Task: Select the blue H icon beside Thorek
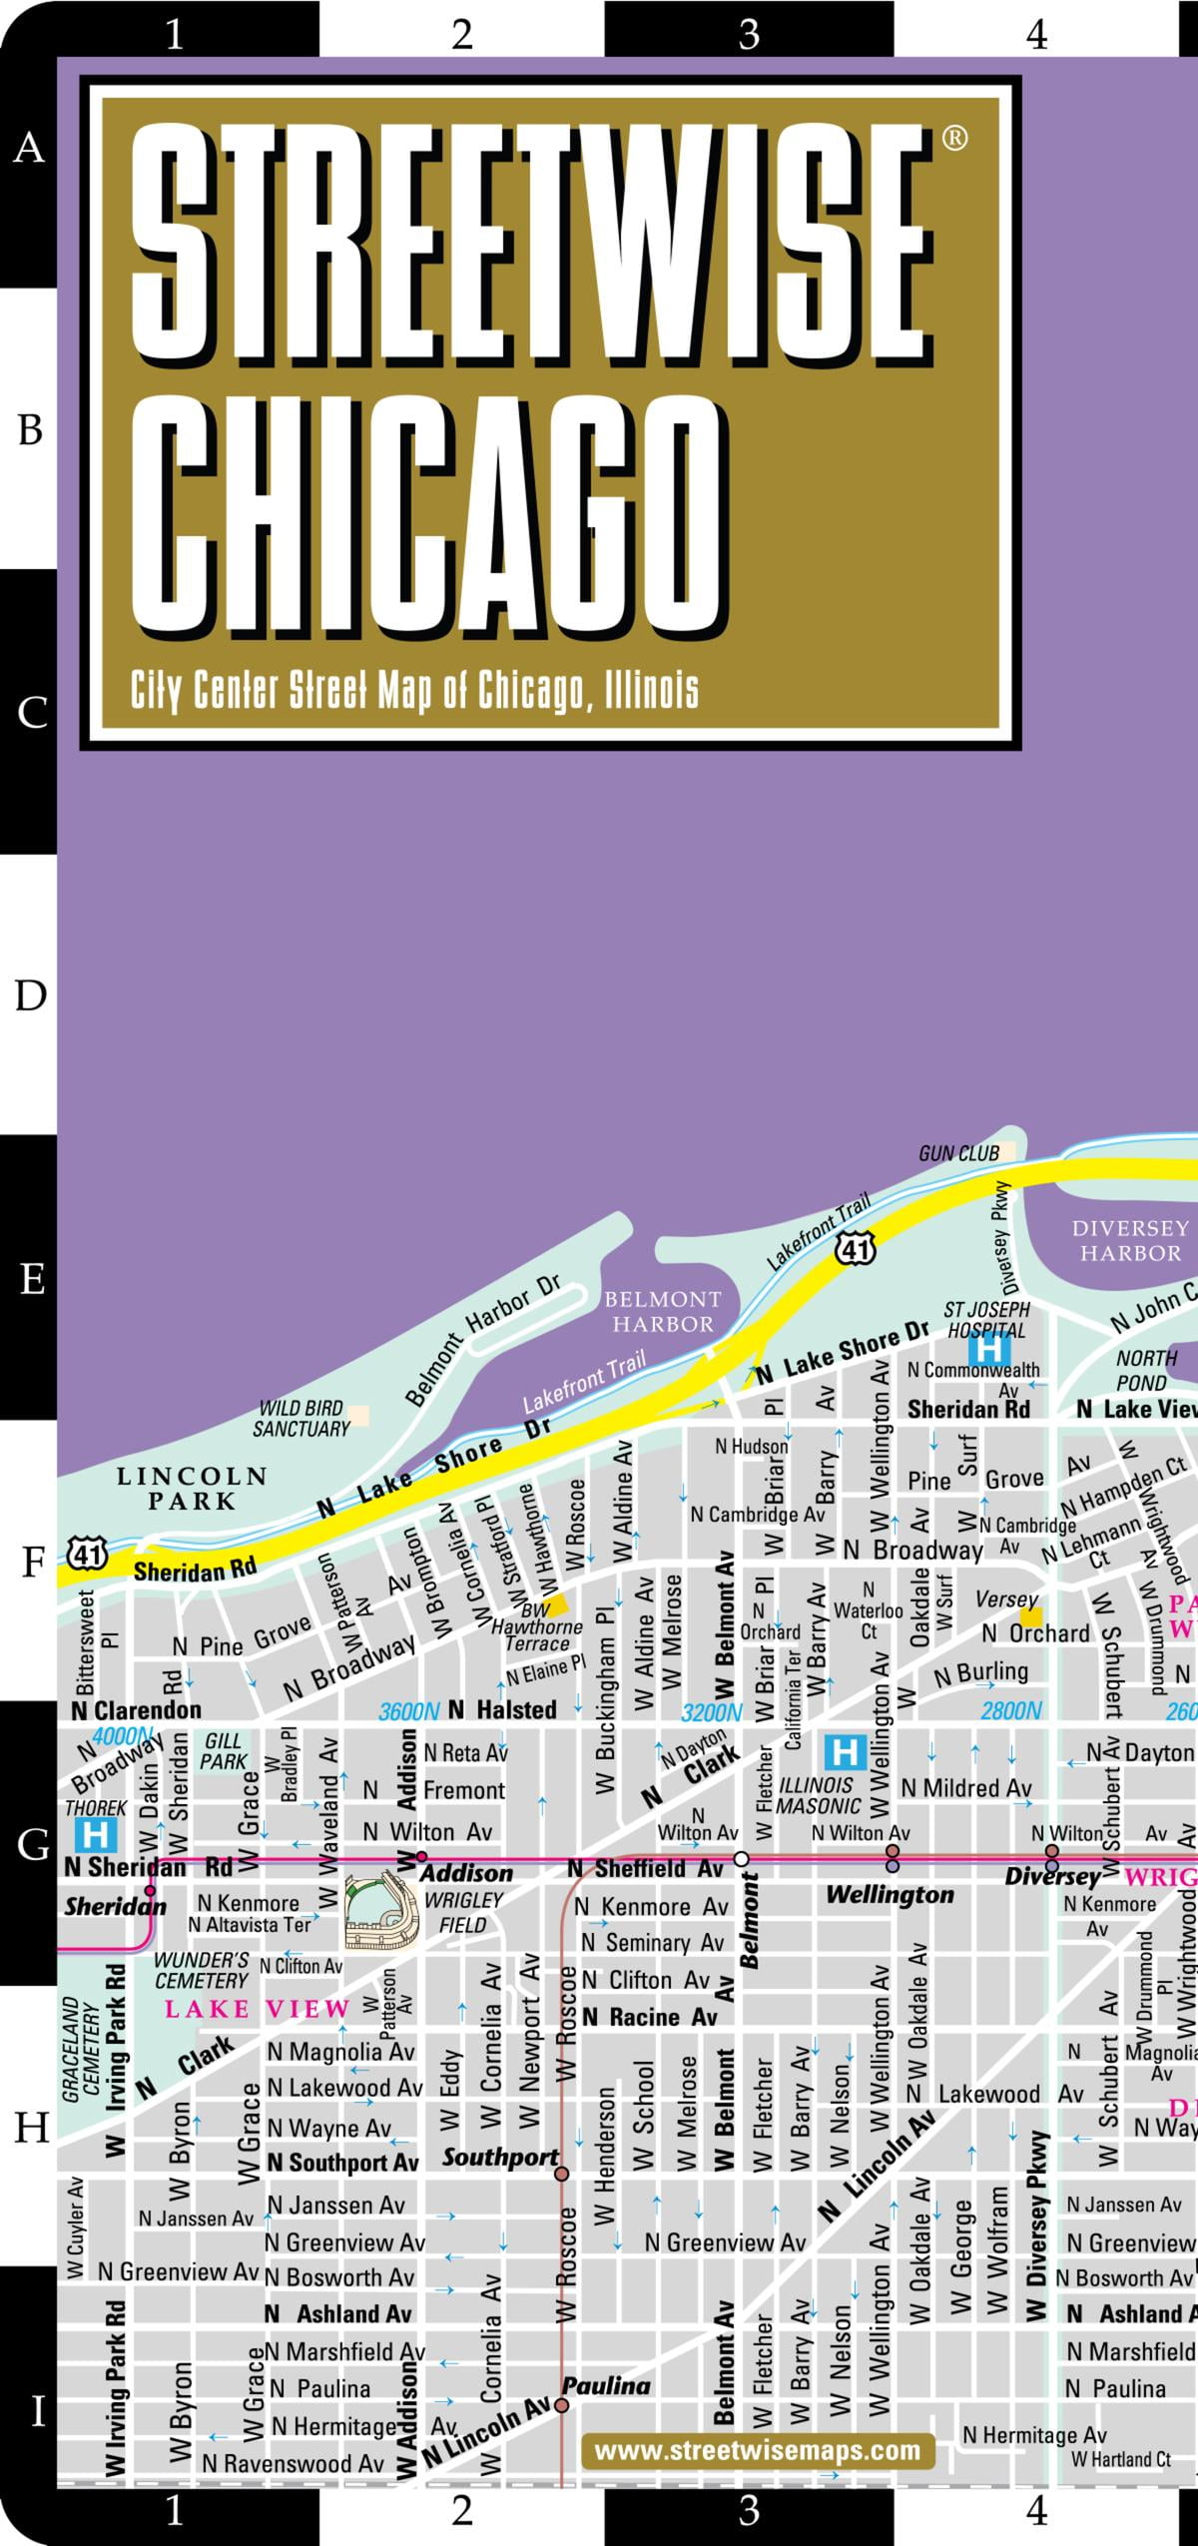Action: [96, 1834]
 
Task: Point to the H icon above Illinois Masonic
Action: [845, 1750]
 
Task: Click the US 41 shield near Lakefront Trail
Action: [857, 1248]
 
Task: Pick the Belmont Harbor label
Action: [663, 1311]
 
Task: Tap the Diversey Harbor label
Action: [1130, 1239]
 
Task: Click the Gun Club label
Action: [958, 1153]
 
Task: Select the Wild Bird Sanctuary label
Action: [301, 1418]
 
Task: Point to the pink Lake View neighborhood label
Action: [258, 2008]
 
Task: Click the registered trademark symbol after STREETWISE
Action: [954, 138]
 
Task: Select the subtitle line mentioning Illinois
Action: [414, 690]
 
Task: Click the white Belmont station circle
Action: [741, 1858]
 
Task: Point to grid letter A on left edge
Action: [29, 148]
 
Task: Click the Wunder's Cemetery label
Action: [202, 1969]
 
